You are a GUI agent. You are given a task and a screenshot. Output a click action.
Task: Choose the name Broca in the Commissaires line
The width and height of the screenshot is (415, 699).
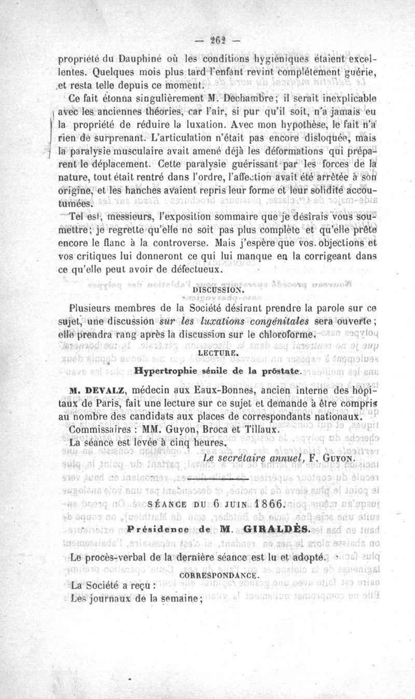tap(228, 430)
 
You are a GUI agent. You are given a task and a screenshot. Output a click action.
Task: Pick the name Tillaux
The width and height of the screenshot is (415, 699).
tap(265, 430)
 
